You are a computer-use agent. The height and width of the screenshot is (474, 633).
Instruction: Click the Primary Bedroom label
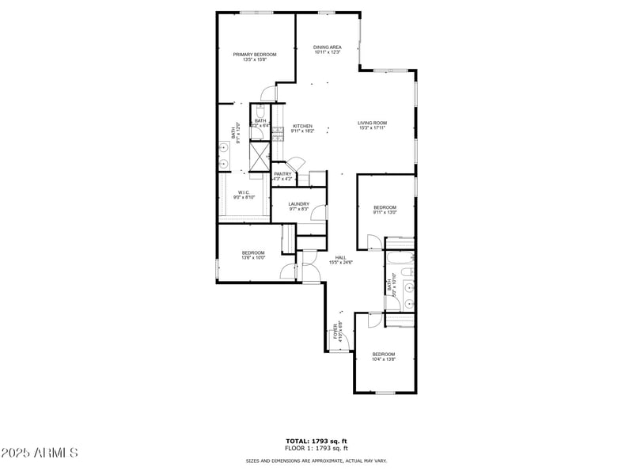point(254,54)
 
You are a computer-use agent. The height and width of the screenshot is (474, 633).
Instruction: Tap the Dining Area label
point(327,47)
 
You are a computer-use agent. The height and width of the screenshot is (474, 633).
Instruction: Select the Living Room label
point(372,123)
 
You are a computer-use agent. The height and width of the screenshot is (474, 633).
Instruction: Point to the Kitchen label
point(302,126)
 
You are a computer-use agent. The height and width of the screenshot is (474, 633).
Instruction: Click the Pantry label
point(282,174)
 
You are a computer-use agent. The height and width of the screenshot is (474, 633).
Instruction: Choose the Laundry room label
point(298,204)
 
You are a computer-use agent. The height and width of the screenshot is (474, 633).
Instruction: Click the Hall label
point(340,256)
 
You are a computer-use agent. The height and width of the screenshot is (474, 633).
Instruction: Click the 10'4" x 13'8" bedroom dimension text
point(383,359)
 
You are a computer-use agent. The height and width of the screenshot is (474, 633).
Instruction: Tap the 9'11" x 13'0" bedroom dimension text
point(385,212)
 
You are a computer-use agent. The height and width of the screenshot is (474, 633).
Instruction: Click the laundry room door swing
point(319,213)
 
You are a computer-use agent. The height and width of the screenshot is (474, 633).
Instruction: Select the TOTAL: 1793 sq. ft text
point(316,441)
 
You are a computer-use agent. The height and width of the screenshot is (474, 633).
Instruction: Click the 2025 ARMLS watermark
point(40,453)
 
